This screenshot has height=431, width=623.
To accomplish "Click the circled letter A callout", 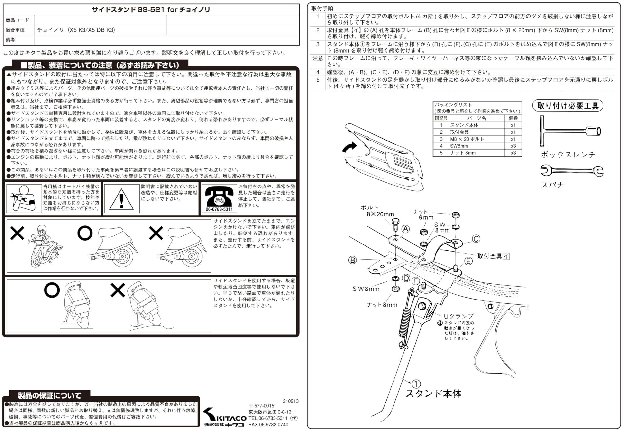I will pos(405,229).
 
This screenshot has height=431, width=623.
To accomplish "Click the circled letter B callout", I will pos(353,260).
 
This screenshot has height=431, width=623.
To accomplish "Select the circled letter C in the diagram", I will pos(476,239).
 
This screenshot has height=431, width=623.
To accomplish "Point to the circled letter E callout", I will pos(468,261).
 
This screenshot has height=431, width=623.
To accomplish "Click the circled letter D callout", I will pos(406,278).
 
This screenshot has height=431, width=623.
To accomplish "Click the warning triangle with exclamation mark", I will pos(121,200).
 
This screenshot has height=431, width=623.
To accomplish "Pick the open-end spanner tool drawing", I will pos(571,171).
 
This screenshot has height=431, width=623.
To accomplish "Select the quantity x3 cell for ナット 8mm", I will pos(513,153).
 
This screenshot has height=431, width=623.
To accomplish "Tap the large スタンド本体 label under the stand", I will pos(433,394).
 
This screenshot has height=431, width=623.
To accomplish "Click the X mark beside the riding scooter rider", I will pos(17,233).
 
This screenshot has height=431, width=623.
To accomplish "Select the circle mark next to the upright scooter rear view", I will pos(52,290).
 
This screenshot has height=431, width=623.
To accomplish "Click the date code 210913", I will pos(291,401).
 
